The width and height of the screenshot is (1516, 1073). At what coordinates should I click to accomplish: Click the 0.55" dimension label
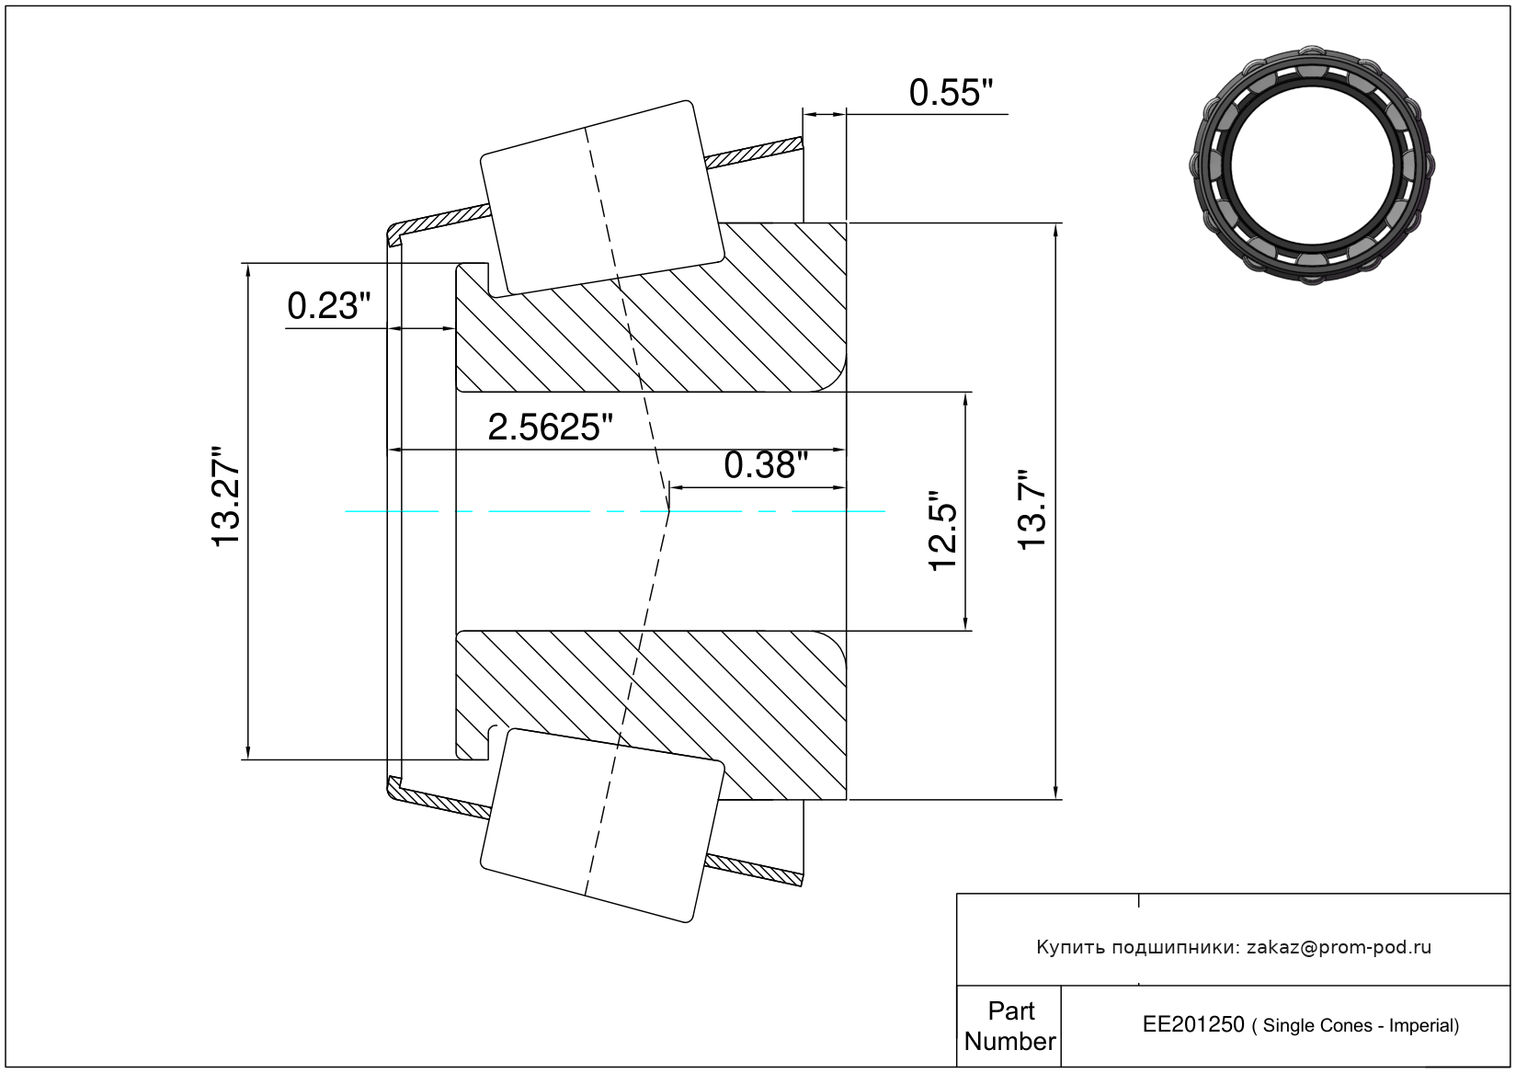[951, 93]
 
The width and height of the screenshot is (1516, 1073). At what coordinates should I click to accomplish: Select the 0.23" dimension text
[329, 306]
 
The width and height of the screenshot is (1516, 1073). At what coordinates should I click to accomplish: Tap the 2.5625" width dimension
[550, 428]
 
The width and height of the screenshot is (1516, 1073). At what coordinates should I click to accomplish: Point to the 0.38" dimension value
[766, 466]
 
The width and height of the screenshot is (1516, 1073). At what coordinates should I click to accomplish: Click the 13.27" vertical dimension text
[225, 497]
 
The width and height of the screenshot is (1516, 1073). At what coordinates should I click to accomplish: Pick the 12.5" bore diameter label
[942, 531]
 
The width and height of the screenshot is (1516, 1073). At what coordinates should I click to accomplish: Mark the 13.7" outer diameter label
[1032, 509]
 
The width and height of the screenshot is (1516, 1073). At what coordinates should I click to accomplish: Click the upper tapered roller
[601, 199]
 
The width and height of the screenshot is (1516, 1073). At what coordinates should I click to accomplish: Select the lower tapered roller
[601, 826]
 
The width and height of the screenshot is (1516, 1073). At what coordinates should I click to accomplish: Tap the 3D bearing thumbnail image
[1312, 165]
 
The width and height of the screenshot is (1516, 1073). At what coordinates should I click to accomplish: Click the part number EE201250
[1193, 1024]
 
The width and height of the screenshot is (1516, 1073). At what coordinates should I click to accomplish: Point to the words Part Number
[1009, 1025]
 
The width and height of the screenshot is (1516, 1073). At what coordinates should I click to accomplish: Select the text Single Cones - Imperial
[1358, 1025]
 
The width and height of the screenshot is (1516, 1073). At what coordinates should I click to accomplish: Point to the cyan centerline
[615, 512]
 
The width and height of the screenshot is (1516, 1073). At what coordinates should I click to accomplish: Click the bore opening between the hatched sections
[651, 511]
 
